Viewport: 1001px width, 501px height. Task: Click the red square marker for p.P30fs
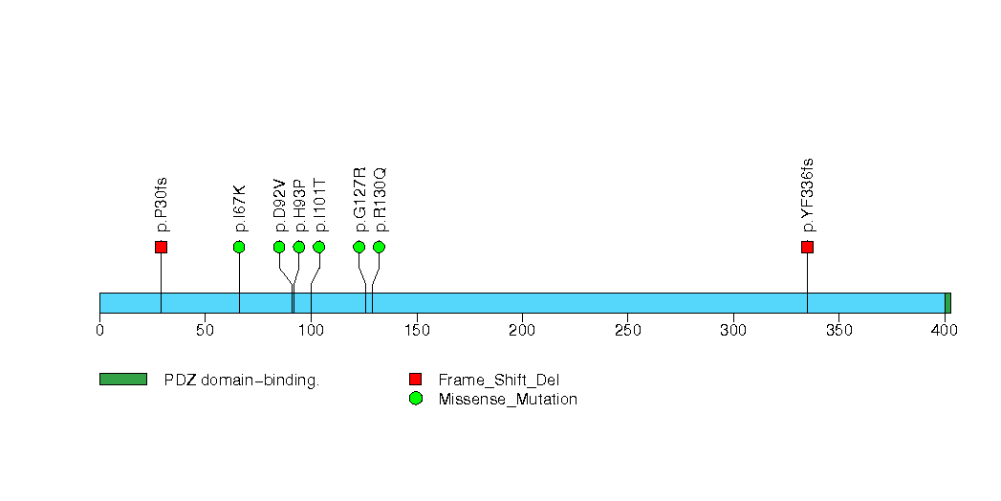point(161,248)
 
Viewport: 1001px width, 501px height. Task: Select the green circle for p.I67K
point(239,248)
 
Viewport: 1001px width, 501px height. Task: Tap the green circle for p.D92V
point(279,248)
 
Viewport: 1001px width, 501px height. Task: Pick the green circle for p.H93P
point(299,248)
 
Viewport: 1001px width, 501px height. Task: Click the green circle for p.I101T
point(319,248)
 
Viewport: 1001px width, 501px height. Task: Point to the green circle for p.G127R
point(359,248)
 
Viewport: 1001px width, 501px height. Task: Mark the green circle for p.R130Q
point(379,248)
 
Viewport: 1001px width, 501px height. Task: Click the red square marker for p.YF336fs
point(807,248)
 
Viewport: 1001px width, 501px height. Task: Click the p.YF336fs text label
point(808,195)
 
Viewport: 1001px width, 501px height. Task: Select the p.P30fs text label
point(162,204)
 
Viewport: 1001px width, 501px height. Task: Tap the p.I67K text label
point(240,207)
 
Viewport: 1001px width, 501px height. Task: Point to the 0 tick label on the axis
point(99,331)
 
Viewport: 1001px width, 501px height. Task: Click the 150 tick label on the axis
point(417,331)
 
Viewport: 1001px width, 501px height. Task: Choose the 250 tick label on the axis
point(627,331)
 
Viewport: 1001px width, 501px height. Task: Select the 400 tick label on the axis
point(945,331)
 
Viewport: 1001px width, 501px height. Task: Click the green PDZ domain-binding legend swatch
point(123,380)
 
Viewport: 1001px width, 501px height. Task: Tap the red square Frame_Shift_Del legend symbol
point(415,380)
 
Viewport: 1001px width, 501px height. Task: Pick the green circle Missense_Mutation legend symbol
point(415,399)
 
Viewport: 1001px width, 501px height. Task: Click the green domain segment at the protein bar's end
point(947,303)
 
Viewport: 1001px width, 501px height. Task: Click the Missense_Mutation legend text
point(508,400)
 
